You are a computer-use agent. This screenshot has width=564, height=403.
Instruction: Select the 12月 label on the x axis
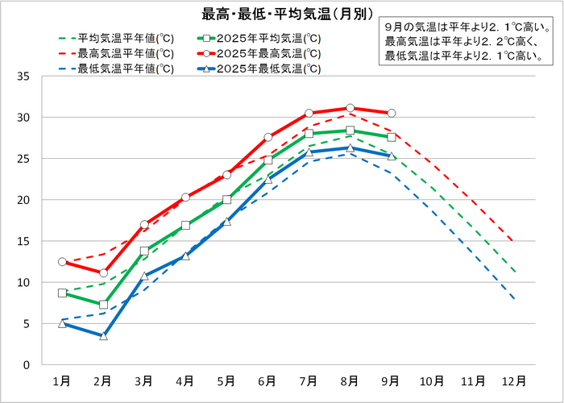click(514, 380)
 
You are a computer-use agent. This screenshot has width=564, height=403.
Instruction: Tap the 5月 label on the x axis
click(226, 380)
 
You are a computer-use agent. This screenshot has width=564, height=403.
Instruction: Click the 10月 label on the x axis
click(432, 380)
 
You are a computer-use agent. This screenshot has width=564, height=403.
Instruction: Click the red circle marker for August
click(350, 108)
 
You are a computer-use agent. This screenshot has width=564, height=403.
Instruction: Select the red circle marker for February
click(103, 273)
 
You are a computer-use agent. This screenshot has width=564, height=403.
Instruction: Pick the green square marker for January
click(62, 293)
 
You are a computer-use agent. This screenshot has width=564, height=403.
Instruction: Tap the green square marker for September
click(391, 137)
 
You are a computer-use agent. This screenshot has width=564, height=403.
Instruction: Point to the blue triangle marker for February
click(103, 335)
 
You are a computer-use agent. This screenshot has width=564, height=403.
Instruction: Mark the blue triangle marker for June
click(267, 179)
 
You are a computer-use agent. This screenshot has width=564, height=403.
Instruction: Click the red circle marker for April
click(185, 197)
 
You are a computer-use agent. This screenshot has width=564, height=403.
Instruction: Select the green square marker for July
click(309, 134)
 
